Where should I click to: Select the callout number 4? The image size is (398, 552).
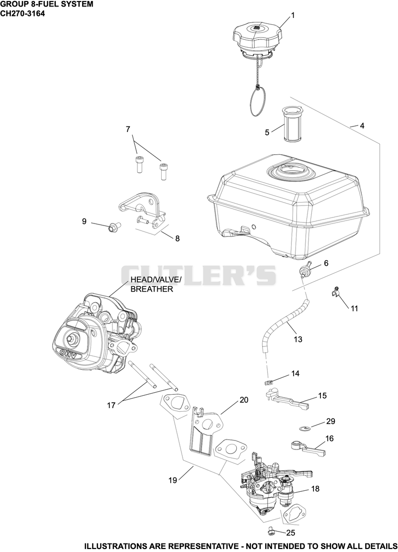coord(362,125)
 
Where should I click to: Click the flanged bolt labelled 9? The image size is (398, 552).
coord(113,227)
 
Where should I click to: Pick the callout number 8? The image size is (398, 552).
coord(177,238)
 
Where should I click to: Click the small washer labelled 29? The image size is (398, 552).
coord(305,428)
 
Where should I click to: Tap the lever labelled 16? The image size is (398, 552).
coord(307,447)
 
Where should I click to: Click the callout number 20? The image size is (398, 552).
coord(244,400)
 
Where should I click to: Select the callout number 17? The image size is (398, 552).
coord(111,405)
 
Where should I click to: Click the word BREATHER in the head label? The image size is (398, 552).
coord(152,289)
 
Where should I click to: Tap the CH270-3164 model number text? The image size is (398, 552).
coord(22,14)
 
